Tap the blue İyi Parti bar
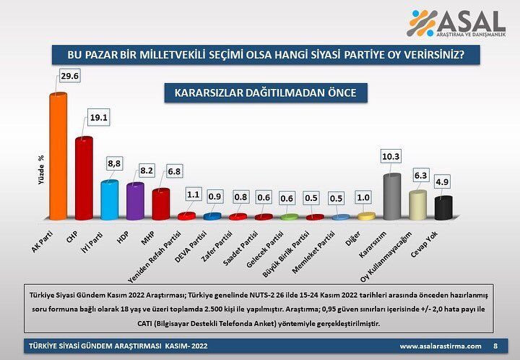(x=109, y=200)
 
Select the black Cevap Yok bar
(x=443, y=207)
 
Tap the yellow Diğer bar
(x=366, y=216)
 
